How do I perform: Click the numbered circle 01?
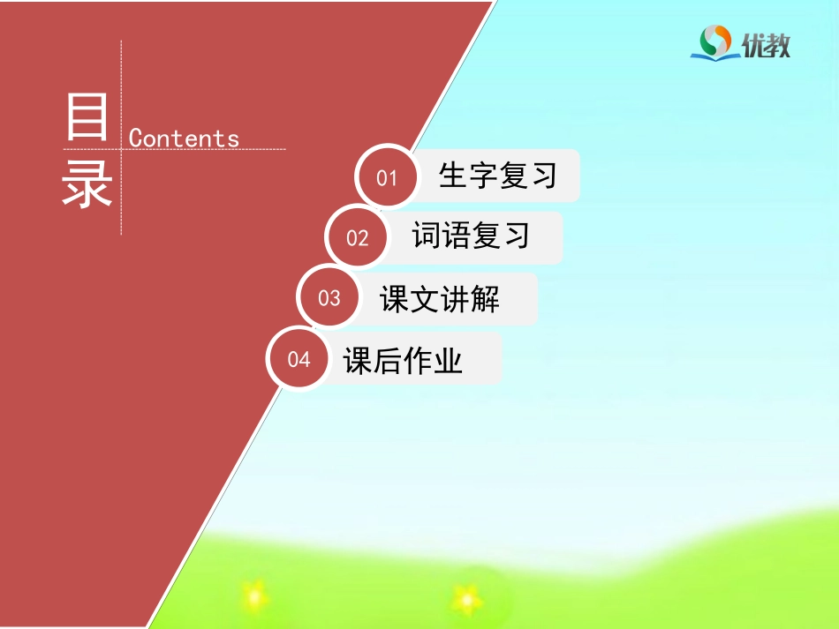pyautogui.click(x=387, y=177)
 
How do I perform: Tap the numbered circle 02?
pyautogui.click(x=357, y=237)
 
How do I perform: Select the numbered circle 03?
pyautogui.click(x=329, y=298)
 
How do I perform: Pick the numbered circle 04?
pyautogui.click(x=299, y=359)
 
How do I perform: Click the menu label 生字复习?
pyautogui.click(x=498, y=176)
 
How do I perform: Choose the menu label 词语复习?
pyautogui.click(x=471, y=236)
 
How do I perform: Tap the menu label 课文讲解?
pyautogui.click(x=440, y=299)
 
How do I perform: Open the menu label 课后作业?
pyautogui.click(x=404, y=360)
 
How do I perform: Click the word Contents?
pyautogui.click(x=184, y=139)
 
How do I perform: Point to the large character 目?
pyautogui.click(x=87, y=118)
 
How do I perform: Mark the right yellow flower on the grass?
pyautogui.click(x=465, y=599)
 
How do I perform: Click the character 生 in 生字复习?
pyautogui.click(x=453, y=176)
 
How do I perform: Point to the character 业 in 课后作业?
pyautogui.click(x=448, y=360)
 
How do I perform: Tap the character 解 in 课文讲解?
pyautogui.click(x=485, y=299)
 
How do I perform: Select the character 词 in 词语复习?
pyautogui.click(x=427, y=236)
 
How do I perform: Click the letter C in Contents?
pyautogui.click(x=135, y=139)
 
